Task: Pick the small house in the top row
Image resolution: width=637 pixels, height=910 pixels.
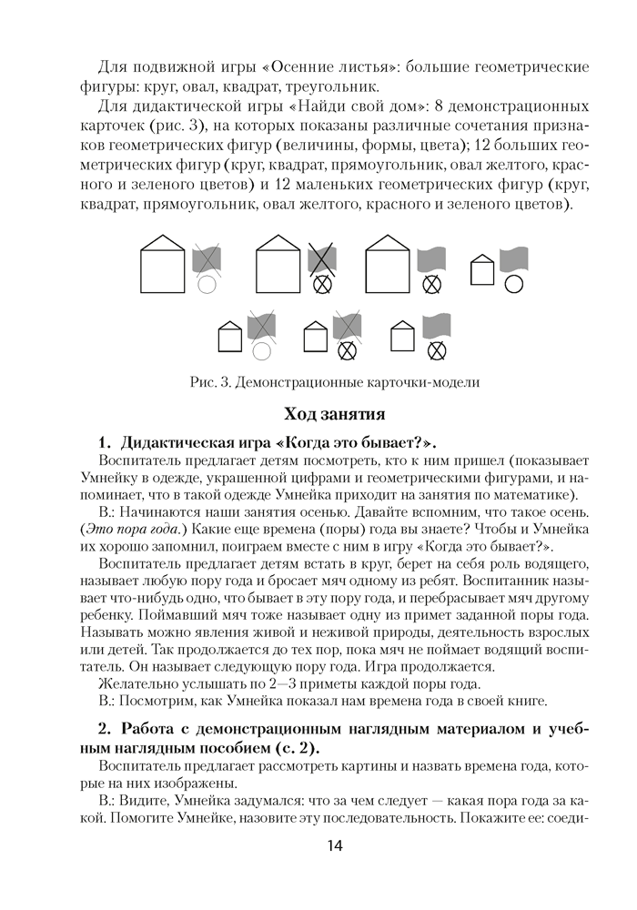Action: (481, 269)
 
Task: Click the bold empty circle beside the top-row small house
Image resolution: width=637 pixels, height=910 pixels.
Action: (514, 283)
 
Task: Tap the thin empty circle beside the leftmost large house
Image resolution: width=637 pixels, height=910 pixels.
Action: (207, 283)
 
